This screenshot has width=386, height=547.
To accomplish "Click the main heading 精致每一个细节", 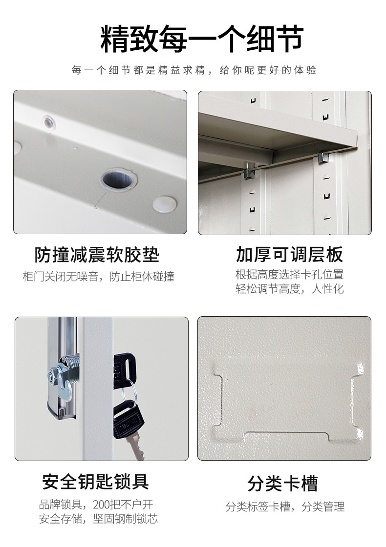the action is [202, 38].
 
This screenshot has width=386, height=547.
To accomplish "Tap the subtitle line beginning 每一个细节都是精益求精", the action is [194, 70].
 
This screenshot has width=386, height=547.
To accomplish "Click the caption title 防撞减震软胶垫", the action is [97, 255].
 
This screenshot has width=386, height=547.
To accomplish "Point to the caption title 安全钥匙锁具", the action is [96, 482].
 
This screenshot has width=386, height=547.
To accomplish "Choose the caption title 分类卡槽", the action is [282, 484].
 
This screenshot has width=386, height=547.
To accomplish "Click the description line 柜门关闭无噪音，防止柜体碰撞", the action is [99, 277].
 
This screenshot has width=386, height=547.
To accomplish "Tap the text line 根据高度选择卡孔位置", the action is [290, 275].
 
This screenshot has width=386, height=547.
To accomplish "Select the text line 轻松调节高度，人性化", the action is [290, 289].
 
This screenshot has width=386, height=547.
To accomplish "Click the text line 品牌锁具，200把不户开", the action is [96, 505].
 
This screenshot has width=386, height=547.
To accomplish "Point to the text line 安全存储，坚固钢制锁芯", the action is [99, 519].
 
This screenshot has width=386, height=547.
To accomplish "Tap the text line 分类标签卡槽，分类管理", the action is [285, 506].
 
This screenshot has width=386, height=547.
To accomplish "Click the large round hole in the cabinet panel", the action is [118, 180].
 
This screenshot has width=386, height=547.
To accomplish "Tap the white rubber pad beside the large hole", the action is [165, 204].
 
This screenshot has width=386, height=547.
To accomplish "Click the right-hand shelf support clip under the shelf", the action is [324, 158].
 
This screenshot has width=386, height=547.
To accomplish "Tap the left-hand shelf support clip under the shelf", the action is [249, 171].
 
